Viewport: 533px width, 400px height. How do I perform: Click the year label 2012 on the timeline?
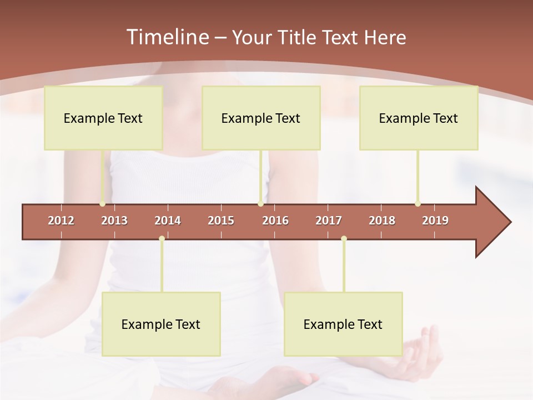tap(61, 221)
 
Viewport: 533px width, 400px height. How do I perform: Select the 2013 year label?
tap(114, 221)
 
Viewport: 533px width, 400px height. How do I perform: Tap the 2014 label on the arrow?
tap(168, 221)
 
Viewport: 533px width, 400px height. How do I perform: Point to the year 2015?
tap(221, 221)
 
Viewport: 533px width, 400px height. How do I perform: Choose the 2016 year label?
tap(275, 221)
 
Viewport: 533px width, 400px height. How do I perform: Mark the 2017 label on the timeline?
tap(329, 221)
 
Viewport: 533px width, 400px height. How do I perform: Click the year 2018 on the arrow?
tap(382, 221)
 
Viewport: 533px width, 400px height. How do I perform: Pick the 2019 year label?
tap(435, 221)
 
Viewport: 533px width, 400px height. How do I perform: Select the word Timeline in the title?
tap(167, 37)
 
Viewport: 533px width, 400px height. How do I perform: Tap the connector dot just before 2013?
tap(102, 204)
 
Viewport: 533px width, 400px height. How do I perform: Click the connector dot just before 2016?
tap(260, 204)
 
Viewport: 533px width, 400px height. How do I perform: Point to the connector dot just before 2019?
tap(418, 204)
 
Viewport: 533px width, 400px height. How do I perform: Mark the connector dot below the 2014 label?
tap(162, 239)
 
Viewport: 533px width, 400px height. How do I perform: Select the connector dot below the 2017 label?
tap(344, 239)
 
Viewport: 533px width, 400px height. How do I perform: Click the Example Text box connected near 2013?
tap(103, 118)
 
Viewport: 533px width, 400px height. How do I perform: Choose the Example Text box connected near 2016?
tap(261, 118)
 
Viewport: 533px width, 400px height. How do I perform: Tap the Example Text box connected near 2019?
tap(419, 118)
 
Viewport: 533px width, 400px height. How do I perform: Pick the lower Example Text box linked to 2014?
tap(161, 324)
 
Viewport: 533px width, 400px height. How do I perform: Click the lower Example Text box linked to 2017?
tap(343, 324)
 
